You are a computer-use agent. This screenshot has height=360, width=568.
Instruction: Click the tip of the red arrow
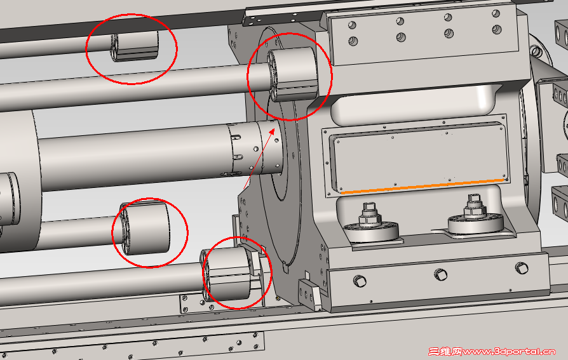coord(274,128)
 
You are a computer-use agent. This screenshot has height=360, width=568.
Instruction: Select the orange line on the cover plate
coord(422,186)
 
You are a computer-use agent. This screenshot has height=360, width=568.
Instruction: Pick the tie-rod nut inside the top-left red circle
coord(135,46)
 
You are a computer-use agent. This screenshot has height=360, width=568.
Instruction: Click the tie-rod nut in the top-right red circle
coord(293,74)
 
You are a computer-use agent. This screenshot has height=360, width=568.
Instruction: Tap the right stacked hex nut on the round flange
coord(474,208)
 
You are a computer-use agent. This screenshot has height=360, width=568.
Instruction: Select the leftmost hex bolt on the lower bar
coord(360,281)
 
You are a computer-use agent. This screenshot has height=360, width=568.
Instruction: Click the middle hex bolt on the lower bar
coord(440,274)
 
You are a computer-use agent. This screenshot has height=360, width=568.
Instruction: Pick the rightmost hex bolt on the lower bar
coord(522,268)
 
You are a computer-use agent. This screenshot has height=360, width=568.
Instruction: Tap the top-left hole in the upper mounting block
coord(352,25)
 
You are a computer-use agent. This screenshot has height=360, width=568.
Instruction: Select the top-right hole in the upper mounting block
coord(496,14)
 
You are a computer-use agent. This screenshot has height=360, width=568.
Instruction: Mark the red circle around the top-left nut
coord(132,15)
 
